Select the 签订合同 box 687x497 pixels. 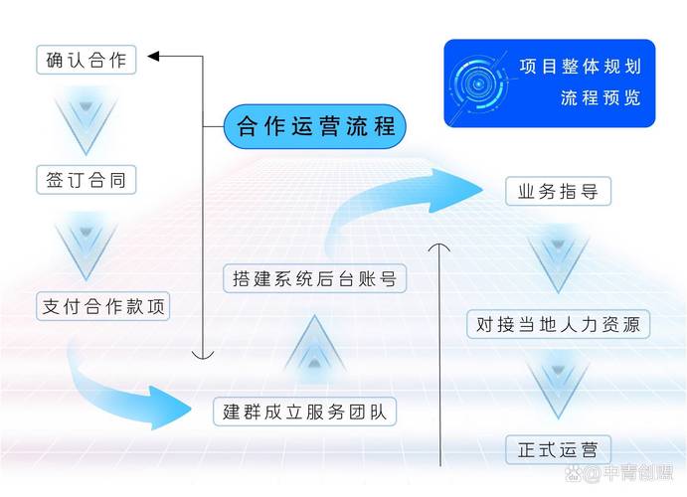[86, 180]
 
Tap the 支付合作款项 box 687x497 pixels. [102, 306]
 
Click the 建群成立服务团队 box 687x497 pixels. [304, 411]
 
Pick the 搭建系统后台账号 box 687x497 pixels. [314, 278]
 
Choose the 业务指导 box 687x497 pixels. [557, 191]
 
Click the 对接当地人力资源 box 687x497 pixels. [558, 323]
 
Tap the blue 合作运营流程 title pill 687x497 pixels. [315, 126]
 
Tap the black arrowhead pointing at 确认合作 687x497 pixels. [156, 57]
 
